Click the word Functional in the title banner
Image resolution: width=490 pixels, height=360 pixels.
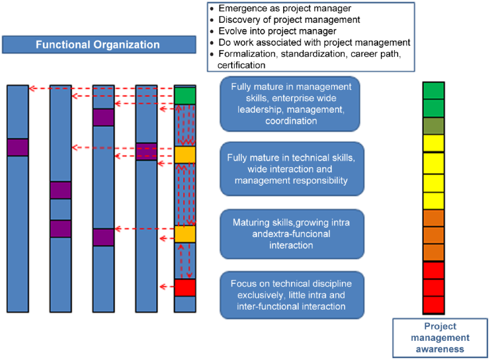point(63,45)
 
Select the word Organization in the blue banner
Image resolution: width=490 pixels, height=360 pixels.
point(127,45)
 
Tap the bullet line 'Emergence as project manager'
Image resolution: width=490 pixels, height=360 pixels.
point(285,8)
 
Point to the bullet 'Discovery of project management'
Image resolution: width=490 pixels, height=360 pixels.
point(289,20)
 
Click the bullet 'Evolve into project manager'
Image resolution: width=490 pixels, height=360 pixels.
point(277,31)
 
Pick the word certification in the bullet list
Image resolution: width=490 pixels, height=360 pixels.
point(241,65)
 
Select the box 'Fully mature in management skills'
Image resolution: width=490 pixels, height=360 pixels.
point(290,104)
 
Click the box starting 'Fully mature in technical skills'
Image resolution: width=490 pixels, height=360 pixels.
point(292,169)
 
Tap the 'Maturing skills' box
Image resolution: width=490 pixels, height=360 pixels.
point(292,234)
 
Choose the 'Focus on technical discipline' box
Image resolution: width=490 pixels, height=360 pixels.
point(292,295)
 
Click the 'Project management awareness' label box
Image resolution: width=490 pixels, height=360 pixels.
point(440,338)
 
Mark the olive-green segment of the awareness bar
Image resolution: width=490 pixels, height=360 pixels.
point(433,126)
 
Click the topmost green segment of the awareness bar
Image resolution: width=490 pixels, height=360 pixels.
point(433,90)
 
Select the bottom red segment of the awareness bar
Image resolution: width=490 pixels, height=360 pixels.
point(433,305)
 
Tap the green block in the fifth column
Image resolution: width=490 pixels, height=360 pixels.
point(185,96)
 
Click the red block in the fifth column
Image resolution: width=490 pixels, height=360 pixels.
point(185,288)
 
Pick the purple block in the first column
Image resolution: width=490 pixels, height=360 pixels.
point(18,147)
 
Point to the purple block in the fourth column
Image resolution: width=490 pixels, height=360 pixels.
point(146,152)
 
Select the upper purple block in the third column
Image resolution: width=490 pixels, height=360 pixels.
point(104,118)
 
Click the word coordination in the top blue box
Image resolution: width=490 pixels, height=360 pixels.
point(291,121)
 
